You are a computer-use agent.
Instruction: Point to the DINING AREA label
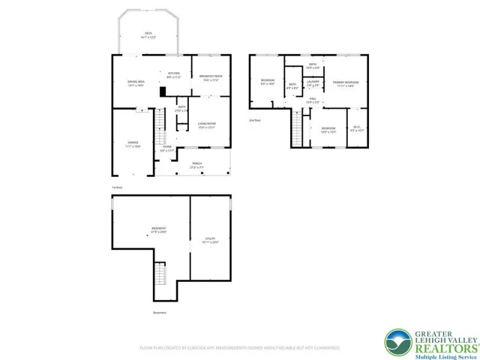tap(136, 83)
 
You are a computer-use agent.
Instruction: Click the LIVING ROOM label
tap(207, 125)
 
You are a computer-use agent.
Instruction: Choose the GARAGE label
tap(132, 144)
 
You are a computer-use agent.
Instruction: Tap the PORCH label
tap(196, 164)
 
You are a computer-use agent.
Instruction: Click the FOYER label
tap(166, 148)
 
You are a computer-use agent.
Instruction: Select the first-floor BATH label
tap(182, 109)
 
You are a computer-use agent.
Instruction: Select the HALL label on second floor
tap(313, 100)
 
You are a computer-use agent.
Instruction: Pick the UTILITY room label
tap(210, 241)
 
